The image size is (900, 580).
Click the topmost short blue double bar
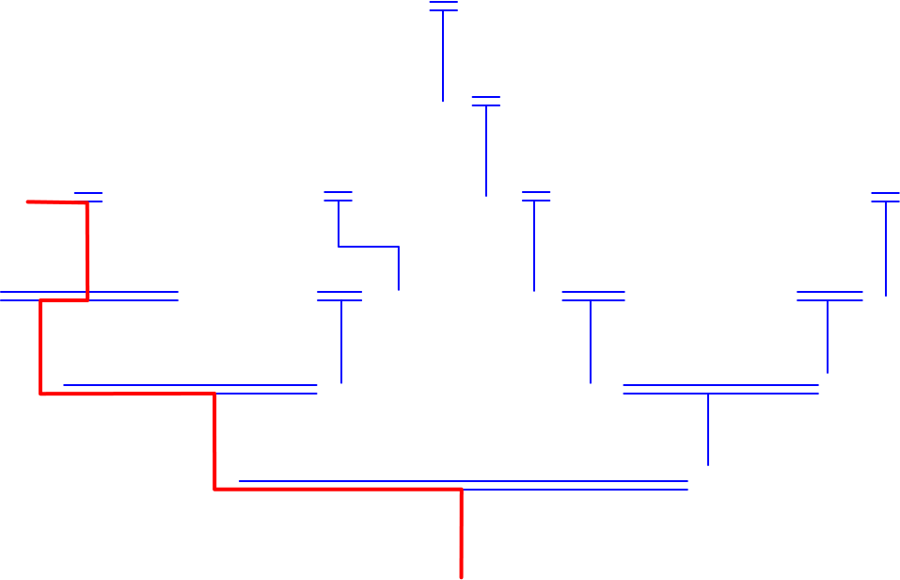point(443,7)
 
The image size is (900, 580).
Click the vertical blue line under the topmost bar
point(443,56)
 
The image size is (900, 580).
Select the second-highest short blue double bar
point(485,101)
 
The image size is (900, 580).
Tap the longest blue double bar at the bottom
point(463,485)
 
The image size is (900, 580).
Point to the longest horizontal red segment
point(338,489)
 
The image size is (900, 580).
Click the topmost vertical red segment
point(87,250)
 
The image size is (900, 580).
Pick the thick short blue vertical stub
point(399,269)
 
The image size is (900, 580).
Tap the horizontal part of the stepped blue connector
point(369,247)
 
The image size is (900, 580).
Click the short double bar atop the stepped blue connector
point(338,196)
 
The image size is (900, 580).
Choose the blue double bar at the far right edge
point(885,197)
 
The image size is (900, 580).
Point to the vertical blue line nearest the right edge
point(886,250)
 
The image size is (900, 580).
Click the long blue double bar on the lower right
point(720,389)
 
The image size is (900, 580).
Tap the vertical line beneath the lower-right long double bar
point(707,429)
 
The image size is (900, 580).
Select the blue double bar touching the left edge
point(89,296)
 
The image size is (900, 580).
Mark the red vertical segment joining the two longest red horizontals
point(215,442)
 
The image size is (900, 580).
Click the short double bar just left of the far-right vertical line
point(829,296)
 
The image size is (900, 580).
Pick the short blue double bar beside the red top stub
point(88,197)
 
